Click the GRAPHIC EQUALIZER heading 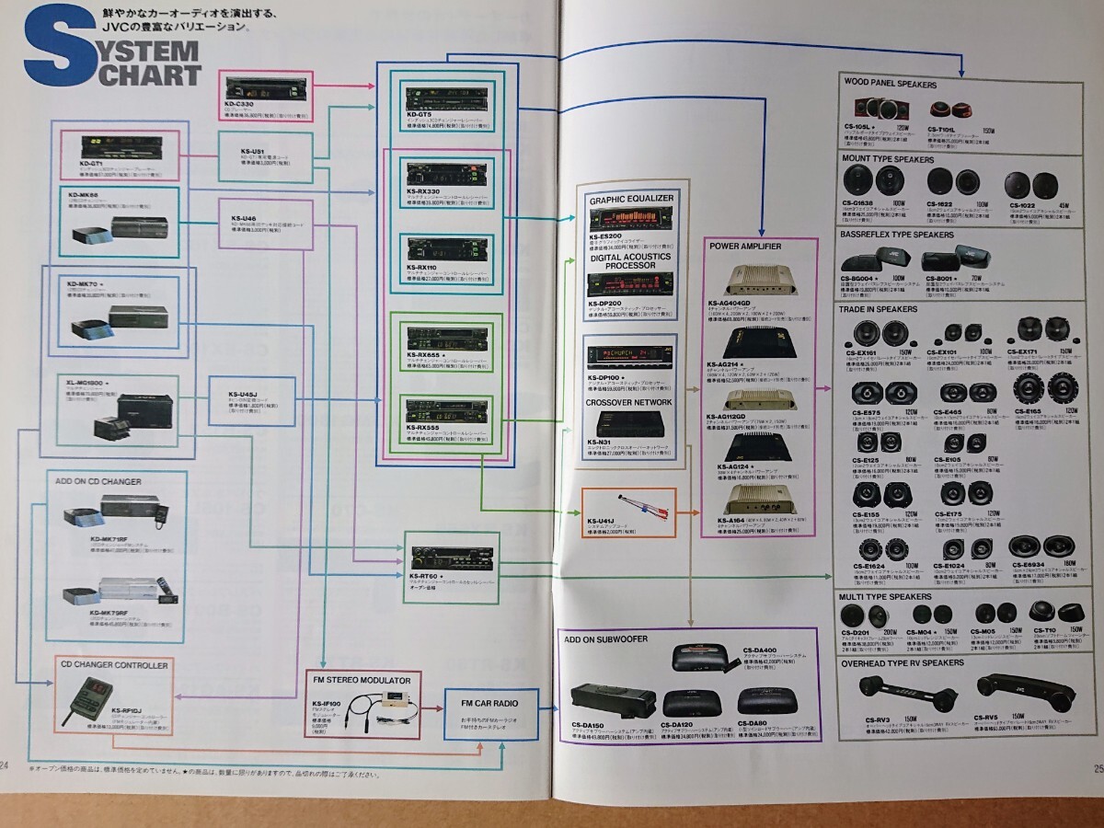point(631,198)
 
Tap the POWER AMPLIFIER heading point(745,246)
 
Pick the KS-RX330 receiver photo point(443,173)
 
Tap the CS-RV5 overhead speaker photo point(1011,686)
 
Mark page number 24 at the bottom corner point(6,765)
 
